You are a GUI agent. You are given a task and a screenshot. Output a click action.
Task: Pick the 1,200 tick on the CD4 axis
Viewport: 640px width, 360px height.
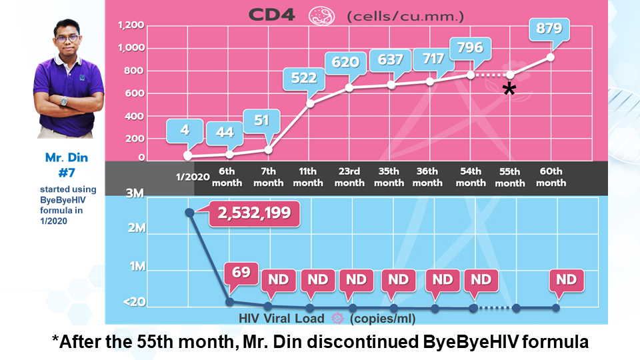[x=130, y=26]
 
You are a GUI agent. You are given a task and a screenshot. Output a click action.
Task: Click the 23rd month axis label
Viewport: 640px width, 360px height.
[x=349, y=177]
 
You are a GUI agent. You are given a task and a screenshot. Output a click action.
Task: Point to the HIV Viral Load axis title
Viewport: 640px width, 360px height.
[x=282, y=318]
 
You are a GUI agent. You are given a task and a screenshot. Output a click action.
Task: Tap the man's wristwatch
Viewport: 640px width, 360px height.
[x=65, y=101]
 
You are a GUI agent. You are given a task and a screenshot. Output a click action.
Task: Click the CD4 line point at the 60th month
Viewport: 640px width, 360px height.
[x=551, y=57]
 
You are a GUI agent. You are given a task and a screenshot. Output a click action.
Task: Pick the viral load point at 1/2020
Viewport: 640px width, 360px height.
[x=189, y=212]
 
